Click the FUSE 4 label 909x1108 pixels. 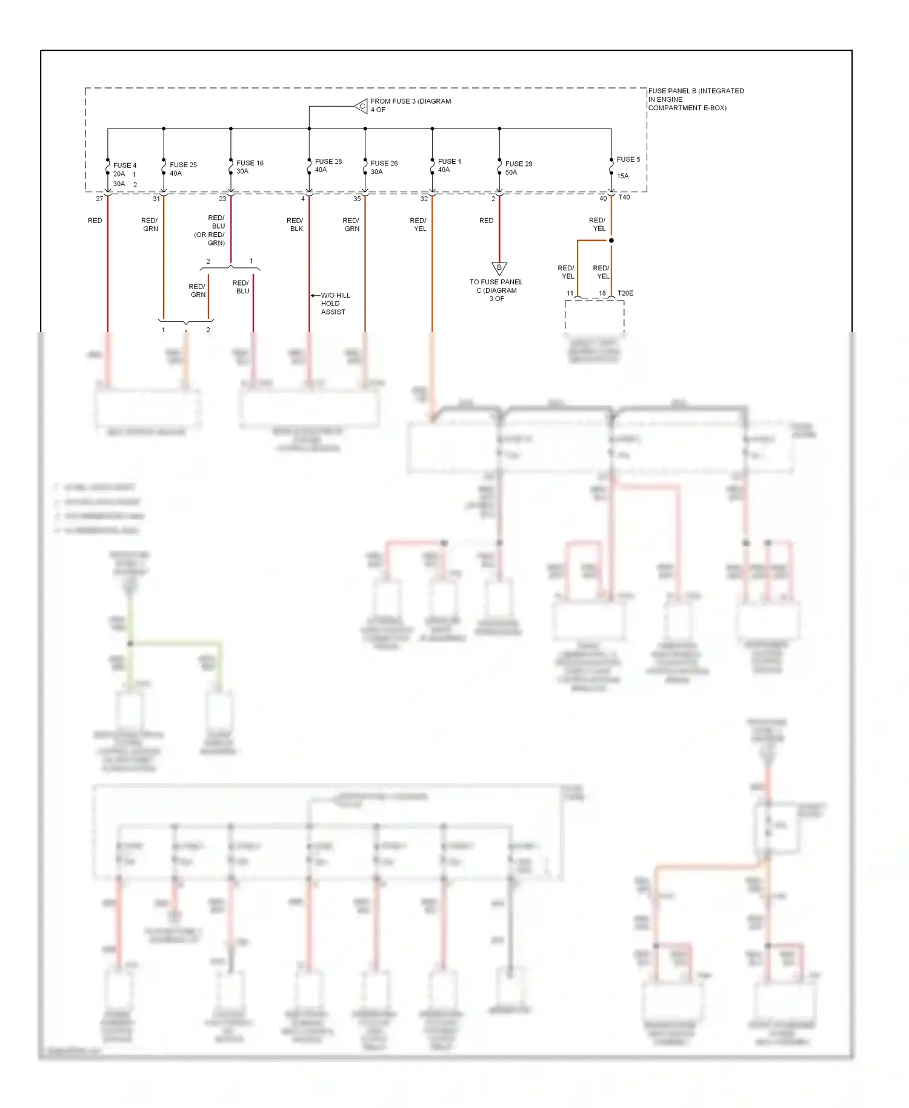(x=124, y=165)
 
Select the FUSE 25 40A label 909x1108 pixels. (x=183, y=169)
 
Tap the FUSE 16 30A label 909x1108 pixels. (x=250, y=167)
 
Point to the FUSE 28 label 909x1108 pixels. (x=328, y=161)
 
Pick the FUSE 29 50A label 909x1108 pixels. (x=518, y=168)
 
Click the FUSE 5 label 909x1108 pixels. (x=628, y=159)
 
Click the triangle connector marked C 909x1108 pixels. (x=361, y=106)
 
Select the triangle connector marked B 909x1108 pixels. (x=499, y=267)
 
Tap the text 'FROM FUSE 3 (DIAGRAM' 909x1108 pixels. (x=410, y=101)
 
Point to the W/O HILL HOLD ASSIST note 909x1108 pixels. (x=335, y=303)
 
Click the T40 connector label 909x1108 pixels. (x=624, y=197)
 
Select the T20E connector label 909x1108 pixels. (x=625, y=293)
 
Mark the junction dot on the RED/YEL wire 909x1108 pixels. (x=611, y=241)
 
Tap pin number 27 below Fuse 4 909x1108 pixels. (x=99, y=199)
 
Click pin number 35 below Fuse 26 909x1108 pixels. (x=357, y=199)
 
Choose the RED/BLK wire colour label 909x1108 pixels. (x=295, y=224)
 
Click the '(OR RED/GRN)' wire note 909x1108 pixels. (x=210, y=239)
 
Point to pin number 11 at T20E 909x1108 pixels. (x=570, y=293)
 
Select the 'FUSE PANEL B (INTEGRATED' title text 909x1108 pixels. (x=696, y=91)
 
